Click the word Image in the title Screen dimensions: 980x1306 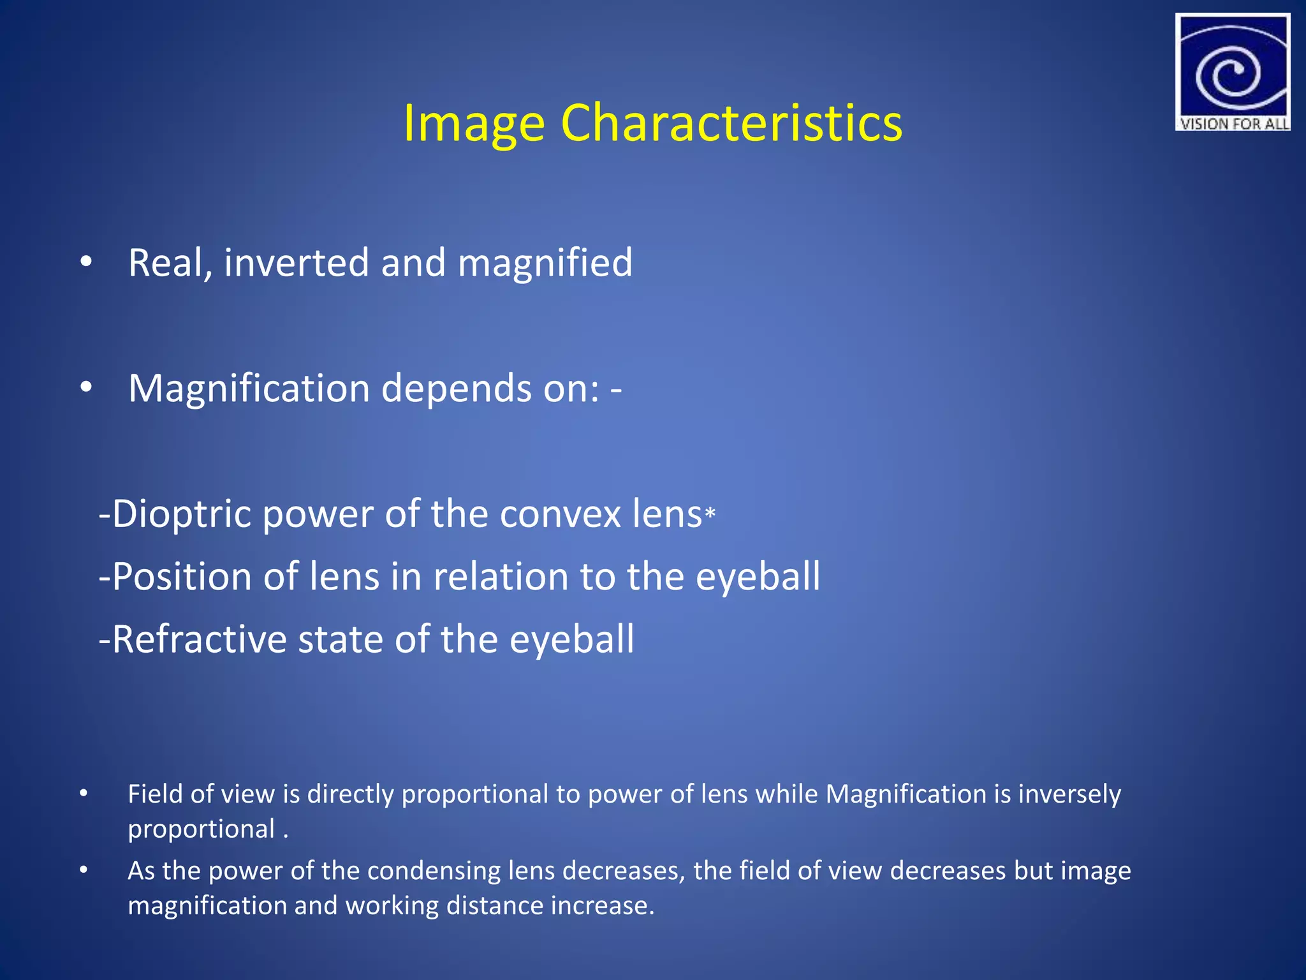click(x=474, y=124)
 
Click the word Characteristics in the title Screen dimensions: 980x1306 click(x=731, y=122)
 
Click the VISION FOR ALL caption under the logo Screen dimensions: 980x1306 click(x=1233, y=124)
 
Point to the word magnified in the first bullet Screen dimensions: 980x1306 click(x=545, y=262)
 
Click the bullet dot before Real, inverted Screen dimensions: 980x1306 click(x=86, y=262)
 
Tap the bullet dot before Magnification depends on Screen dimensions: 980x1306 click(x=86, y=387)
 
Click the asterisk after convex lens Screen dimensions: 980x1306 click(x=710, y=512)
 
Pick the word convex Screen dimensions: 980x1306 click(x=559, y=514)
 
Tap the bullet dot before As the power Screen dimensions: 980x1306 click(x=84, y=870)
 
